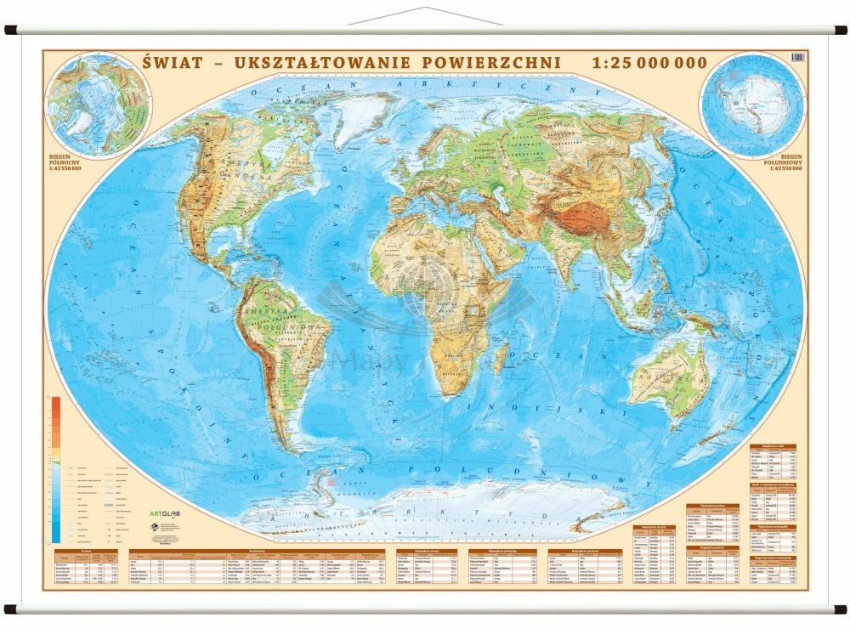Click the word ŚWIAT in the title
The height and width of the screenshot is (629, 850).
[175, 63]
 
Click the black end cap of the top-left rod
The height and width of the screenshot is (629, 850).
[8, 30]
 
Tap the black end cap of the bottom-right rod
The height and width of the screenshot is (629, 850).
[841, 609]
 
